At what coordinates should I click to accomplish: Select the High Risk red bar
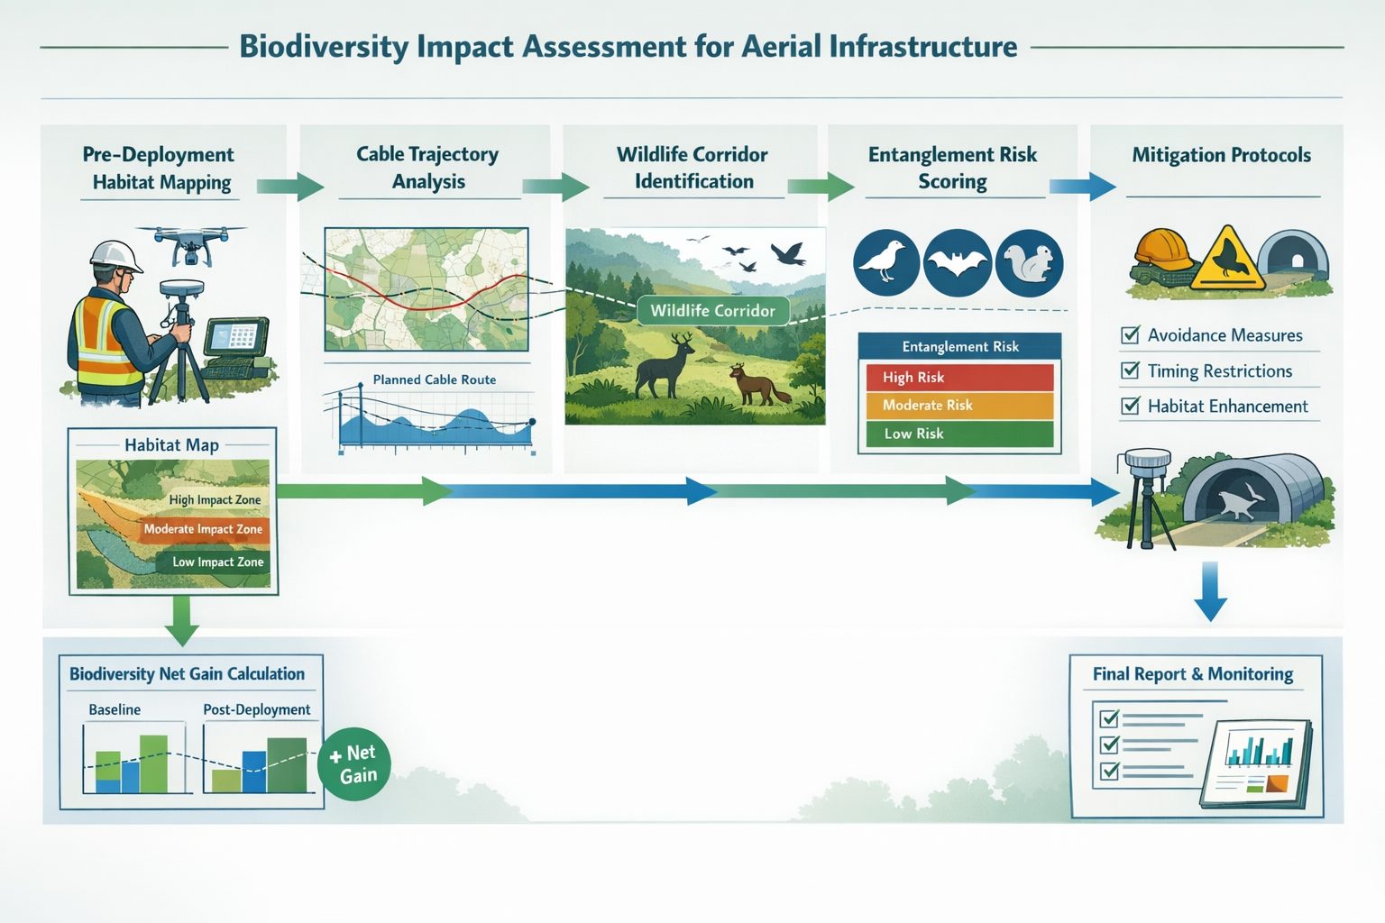tap(959, 378)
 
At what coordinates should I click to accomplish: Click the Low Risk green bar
tap(959, 434)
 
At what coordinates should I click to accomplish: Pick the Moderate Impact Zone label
tap(203, 530)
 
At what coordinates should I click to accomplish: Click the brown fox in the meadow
tap(757, 384)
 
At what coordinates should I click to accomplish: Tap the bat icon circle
tap(958, 263)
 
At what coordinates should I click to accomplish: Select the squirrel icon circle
tap(1030, 263)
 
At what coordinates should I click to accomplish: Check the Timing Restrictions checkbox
tap(1130, 370)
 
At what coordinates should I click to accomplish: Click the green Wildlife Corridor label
tap(712, 311)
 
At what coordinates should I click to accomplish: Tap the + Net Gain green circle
tap(353, 764)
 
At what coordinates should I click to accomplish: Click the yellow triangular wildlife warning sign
tap(1227, 260)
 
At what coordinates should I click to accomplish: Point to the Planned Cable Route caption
tap(434, 379)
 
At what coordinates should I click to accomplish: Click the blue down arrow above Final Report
tap(1210, 591)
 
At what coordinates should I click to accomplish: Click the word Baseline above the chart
tap(115, 709)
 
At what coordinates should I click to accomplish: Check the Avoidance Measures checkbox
tap(1130, 335)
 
